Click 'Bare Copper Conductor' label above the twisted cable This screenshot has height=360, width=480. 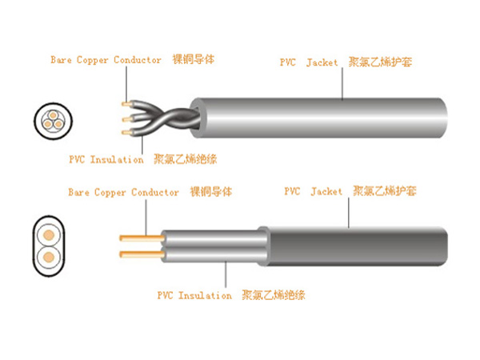[106, 60]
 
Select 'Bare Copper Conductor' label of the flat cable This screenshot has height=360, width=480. [123, 193]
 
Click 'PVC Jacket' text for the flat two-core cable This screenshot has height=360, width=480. [313, 192]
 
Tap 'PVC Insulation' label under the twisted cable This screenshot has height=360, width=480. [106, 159]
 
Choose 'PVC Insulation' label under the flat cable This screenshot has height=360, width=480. [194, 296]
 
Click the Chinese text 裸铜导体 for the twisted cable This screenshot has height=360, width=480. [194, 60]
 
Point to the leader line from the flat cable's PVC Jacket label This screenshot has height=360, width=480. [349, 211]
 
